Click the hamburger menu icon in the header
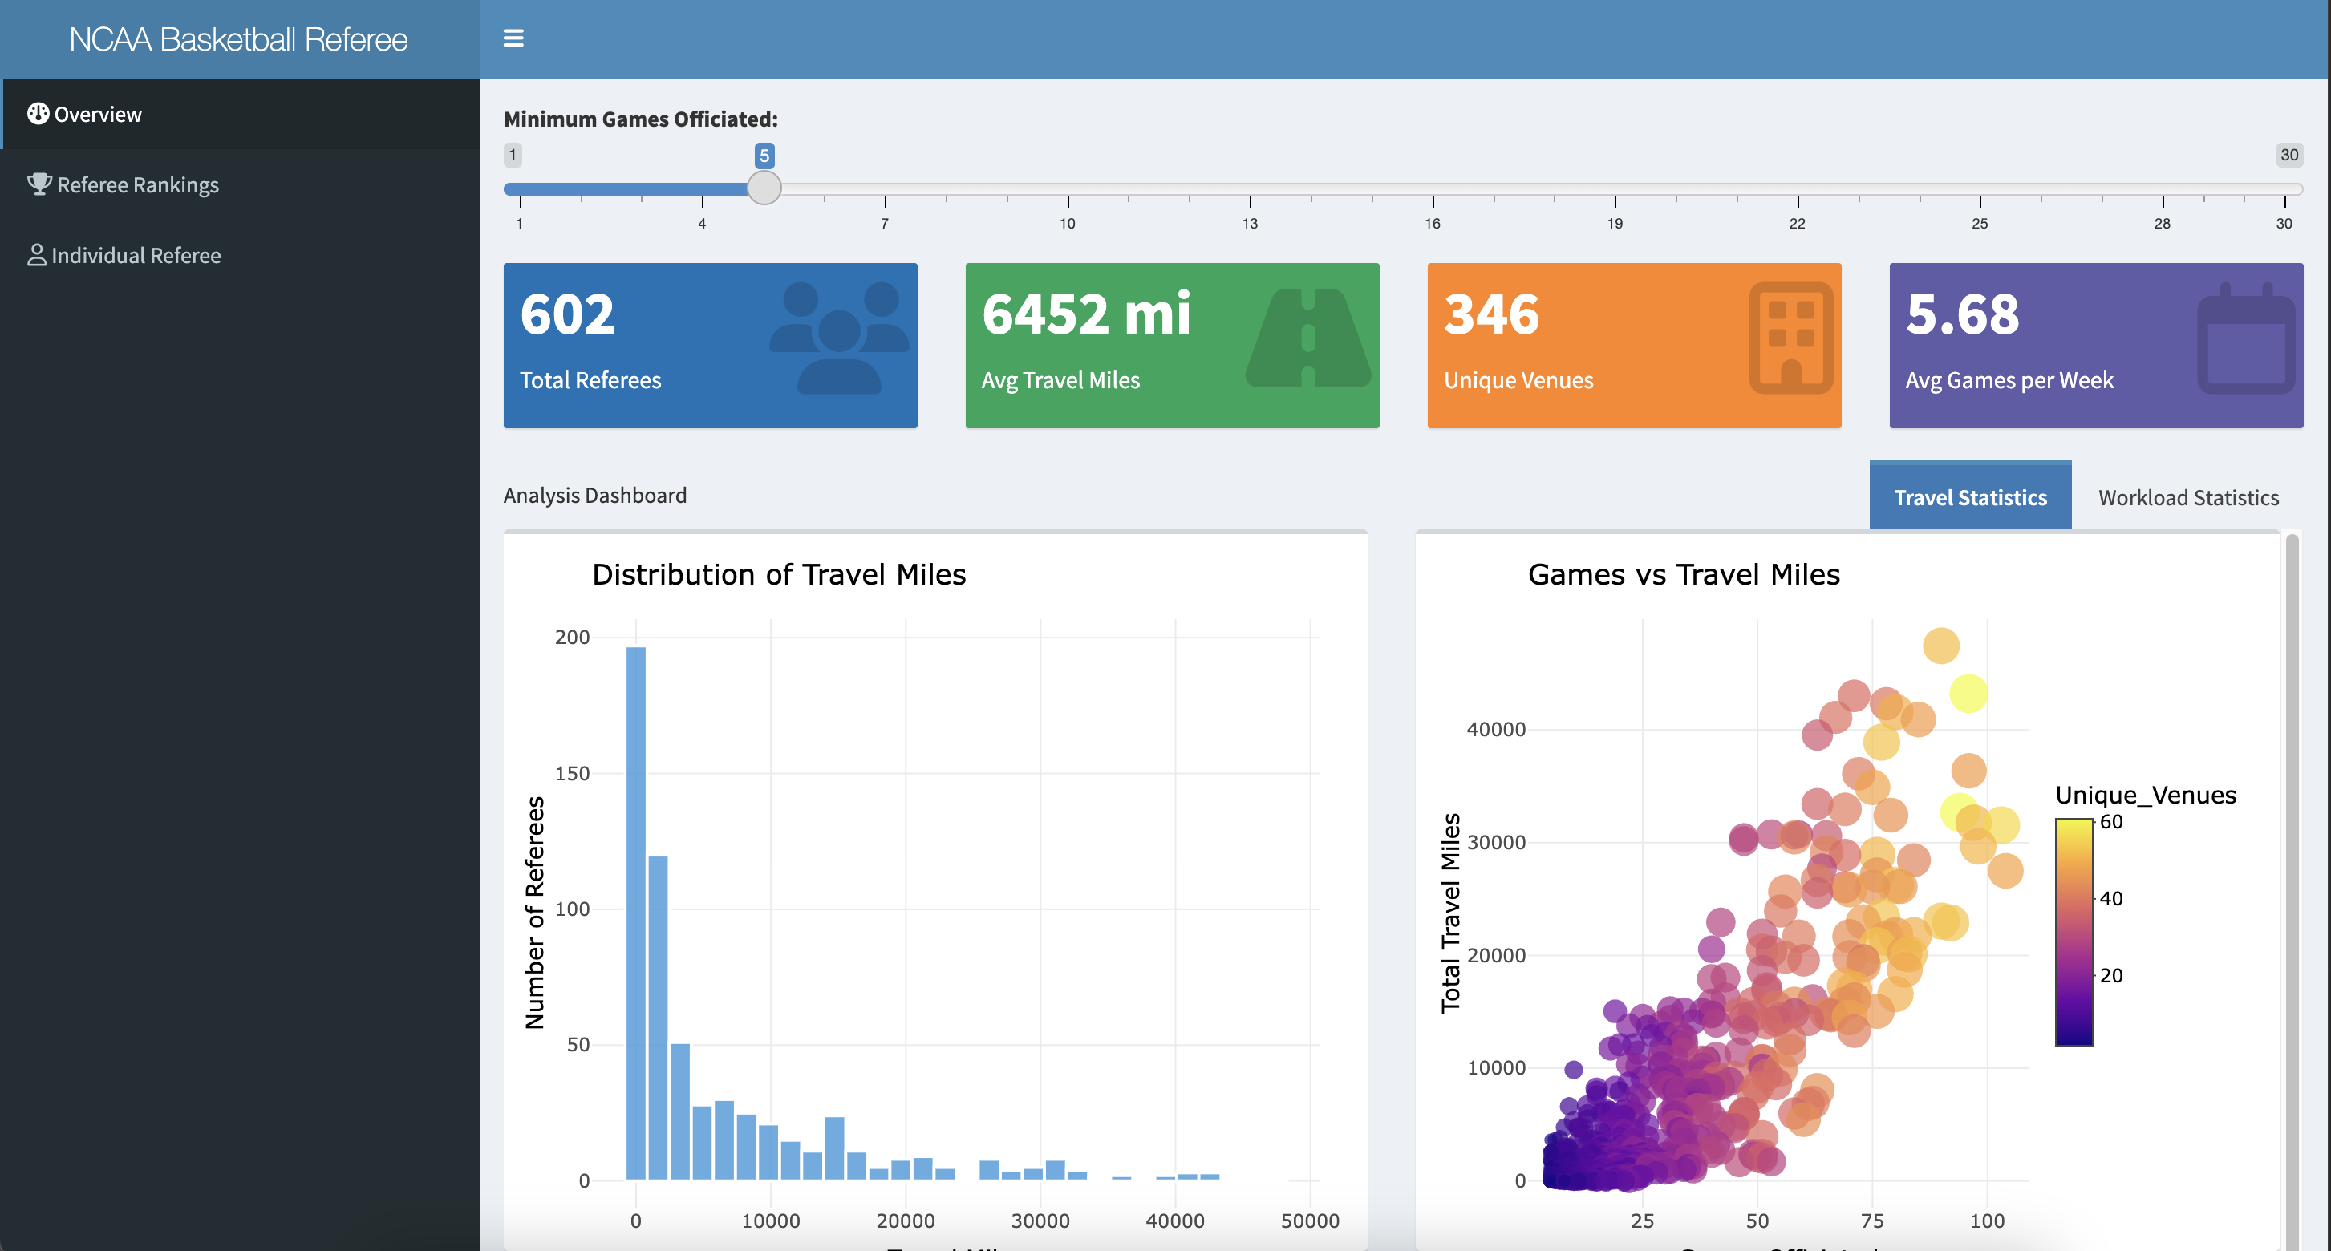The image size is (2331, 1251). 513,38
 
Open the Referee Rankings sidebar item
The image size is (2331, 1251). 137,184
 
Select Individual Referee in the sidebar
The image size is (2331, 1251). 136,255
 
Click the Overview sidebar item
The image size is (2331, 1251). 98,114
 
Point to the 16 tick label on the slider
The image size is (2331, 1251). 1433,224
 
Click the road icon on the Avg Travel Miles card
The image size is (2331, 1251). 1307,338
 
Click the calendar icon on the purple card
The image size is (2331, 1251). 2246,340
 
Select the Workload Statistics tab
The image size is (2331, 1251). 2188,497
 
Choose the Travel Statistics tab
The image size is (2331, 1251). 1970,497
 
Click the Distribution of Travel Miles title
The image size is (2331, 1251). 778,574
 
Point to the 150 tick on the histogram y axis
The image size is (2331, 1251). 572,773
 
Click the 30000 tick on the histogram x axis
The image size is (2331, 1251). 1040,1221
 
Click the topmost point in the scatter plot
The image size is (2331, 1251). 1941,646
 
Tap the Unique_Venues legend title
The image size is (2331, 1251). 2145,795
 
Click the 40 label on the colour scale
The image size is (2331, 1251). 2110,898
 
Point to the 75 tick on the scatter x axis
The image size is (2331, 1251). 1872,1221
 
